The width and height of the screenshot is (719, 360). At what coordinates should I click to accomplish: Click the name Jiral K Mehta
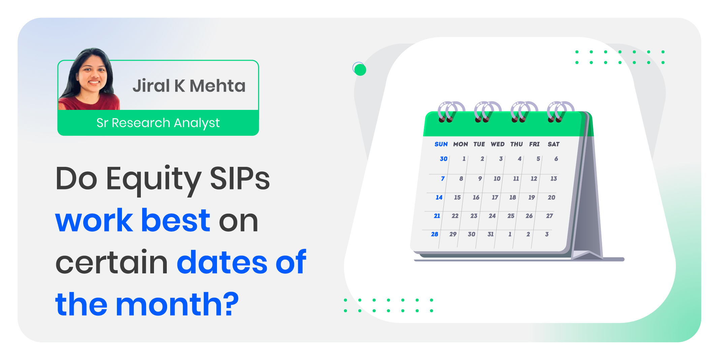[x=189, y=86]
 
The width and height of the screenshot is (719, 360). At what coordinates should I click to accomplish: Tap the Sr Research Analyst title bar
[x=158, y=123]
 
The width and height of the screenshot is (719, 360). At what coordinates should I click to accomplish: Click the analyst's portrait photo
[x=89, y=79]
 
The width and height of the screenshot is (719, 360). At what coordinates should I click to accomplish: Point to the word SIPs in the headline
[x=240, y=178]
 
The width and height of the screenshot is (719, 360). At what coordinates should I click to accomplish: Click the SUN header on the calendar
[x=441, y=144]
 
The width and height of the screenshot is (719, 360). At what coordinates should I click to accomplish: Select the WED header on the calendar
[x=498, y=144]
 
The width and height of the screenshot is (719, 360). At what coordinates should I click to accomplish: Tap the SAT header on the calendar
[x=554, y=144]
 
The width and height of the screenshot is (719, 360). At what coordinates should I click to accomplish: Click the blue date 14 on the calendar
[x=439, y=198]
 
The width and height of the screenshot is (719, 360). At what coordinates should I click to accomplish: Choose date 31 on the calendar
[x=491, y=234]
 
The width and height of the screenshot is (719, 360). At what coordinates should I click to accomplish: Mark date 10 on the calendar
[x=497, y=179]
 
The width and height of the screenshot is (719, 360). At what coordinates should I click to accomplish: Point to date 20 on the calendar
[x=552, y=198]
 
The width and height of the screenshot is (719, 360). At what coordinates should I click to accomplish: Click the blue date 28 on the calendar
[x=435, y=234]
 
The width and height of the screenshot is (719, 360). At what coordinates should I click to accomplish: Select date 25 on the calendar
[x=511, y=216]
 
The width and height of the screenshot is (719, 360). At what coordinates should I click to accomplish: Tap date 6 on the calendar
[x=556, y=159]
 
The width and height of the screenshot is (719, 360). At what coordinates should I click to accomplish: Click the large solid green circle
[x=360, y=70]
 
